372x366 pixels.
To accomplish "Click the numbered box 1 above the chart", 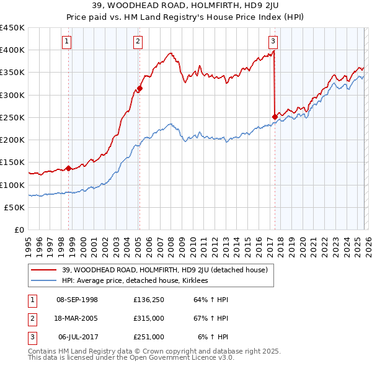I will (x=66, y=42).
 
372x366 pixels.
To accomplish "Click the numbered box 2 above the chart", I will (x=138, y=42).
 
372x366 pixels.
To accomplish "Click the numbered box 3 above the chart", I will (x=273, y=42).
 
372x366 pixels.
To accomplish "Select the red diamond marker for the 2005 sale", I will (x=139, y=88).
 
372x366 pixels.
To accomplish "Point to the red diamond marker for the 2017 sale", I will (x=275, y=116).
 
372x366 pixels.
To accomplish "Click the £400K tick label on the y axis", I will (x=12, y=50).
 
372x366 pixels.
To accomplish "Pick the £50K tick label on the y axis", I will (x=15, y=207).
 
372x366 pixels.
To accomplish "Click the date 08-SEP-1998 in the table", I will (x=77, y=300).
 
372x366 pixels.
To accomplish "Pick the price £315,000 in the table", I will (x=148, y=318).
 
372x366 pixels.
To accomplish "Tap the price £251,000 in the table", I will (x=148, y=337).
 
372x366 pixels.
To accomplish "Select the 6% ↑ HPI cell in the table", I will (x=213, y=337).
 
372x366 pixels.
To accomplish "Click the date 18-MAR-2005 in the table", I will (x=77, y=318).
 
